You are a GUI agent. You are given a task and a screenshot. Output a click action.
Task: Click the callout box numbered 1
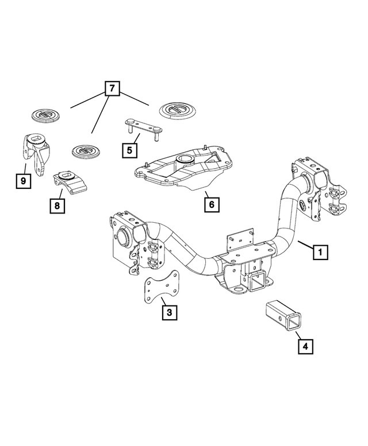coord(320,252)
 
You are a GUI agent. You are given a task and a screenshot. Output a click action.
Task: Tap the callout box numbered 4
coord(305,346)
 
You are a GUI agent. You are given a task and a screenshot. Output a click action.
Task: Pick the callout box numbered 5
coord(130,150)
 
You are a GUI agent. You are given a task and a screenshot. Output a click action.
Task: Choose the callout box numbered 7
coord(112,89)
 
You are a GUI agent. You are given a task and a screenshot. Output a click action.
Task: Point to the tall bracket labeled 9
coord(35,153)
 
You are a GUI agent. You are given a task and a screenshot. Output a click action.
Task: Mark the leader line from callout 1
coord(304,246)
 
